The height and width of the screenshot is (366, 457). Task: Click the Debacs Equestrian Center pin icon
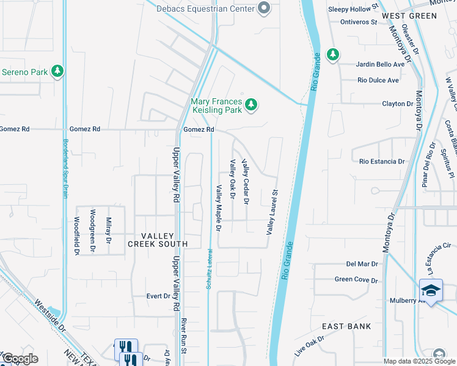click(x=264, y=7)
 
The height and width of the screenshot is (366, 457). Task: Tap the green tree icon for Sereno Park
click(x=57, y=72)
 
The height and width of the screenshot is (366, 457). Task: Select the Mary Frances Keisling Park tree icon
click(x=250, y=106)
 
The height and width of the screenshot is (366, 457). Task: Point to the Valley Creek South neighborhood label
click(x=157, y=240)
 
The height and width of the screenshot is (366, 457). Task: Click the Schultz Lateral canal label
click(x=209, y=268)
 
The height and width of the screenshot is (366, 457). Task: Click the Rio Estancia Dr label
click(x=382, y=162)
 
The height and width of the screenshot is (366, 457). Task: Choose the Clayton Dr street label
click(x=397, y=104)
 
